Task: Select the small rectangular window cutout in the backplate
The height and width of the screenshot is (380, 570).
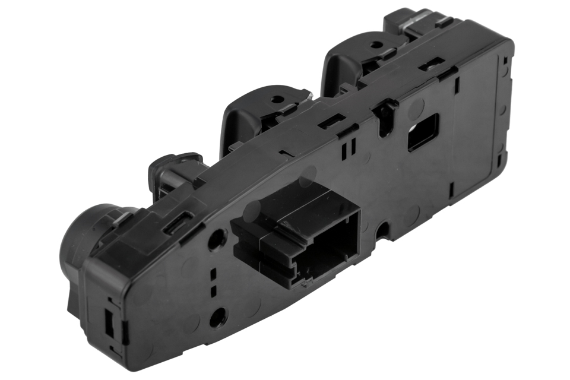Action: pyautogui.click(x=423, y=132)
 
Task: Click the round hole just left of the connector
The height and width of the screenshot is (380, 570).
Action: pyautogui.click(x=217, y=239)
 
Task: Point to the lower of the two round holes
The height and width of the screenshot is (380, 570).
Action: pyautogui.click(x=218, y=316)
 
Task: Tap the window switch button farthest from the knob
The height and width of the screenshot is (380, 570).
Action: pyautogui.click(x=416, y=21)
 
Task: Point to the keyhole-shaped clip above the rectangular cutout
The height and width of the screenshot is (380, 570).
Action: pyautogui.click(x=387, y=113)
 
